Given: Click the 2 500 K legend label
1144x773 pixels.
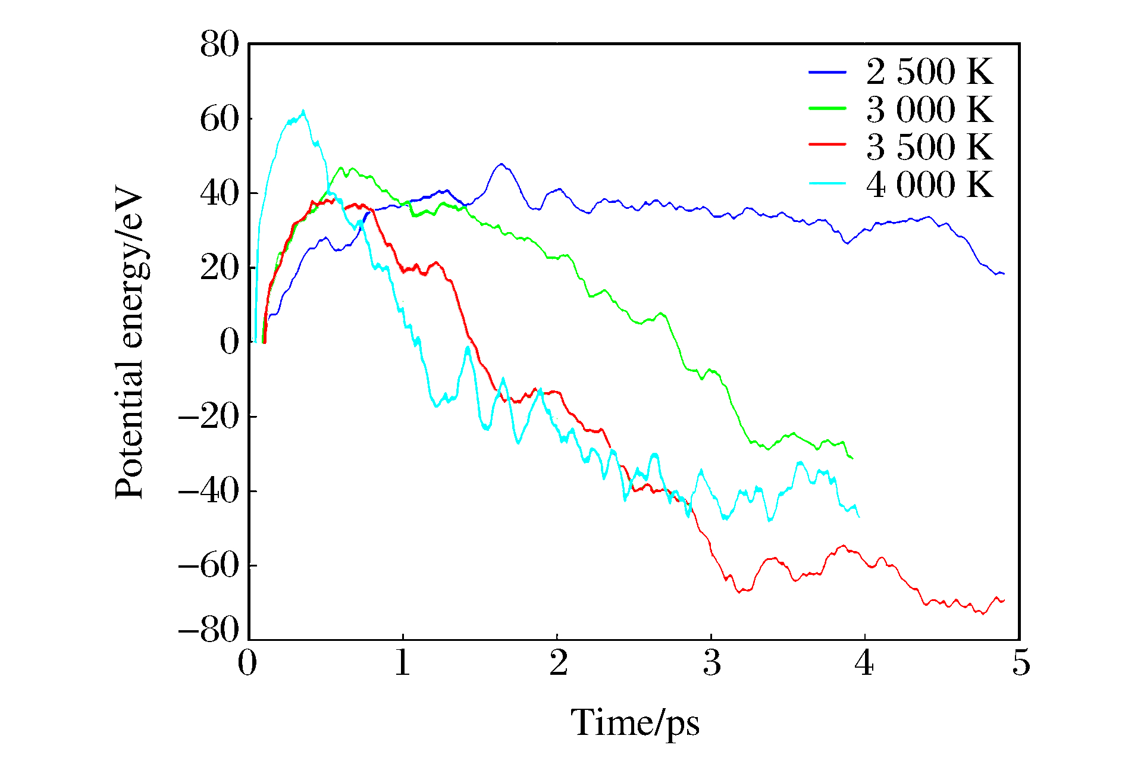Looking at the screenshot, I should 929,73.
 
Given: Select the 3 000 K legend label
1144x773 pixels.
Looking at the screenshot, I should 929,109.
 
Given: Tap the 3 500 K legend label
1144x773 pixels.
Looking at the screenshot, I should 929,147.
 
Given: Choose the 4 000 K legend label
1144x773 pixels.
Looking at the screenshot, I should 929,184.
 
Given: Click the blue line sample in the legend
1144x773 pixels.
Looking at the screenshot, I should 827,72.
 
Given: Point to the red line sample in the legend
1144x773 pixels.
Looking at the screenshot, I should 827,145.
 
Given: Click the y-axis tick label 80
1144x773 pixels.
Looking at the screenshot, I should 220,45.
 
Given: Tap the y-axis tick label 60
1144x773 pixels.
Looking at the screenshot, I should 220,119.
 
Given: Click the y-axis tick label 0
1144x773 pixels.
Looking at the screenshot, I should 230,342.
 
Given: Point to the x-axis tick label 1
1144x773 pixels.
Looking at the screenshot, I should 403,663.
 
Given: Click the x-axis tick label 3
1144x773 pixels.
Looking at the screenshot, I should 712,663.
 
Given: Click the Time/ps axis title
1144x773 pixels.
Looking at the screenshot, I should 635,724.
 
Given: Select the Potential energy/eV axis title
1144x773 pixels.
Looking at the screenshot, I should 129,342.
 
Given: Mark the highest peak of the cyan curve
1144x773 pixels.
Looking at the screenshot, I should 303,111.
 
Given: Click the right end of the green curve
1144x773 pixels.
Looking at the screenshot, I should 853,458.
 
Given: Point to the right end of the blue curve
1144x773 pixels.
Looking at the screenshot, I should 1004,274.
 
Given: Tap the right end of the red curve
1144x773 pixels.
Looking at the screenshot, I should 1004,600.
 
